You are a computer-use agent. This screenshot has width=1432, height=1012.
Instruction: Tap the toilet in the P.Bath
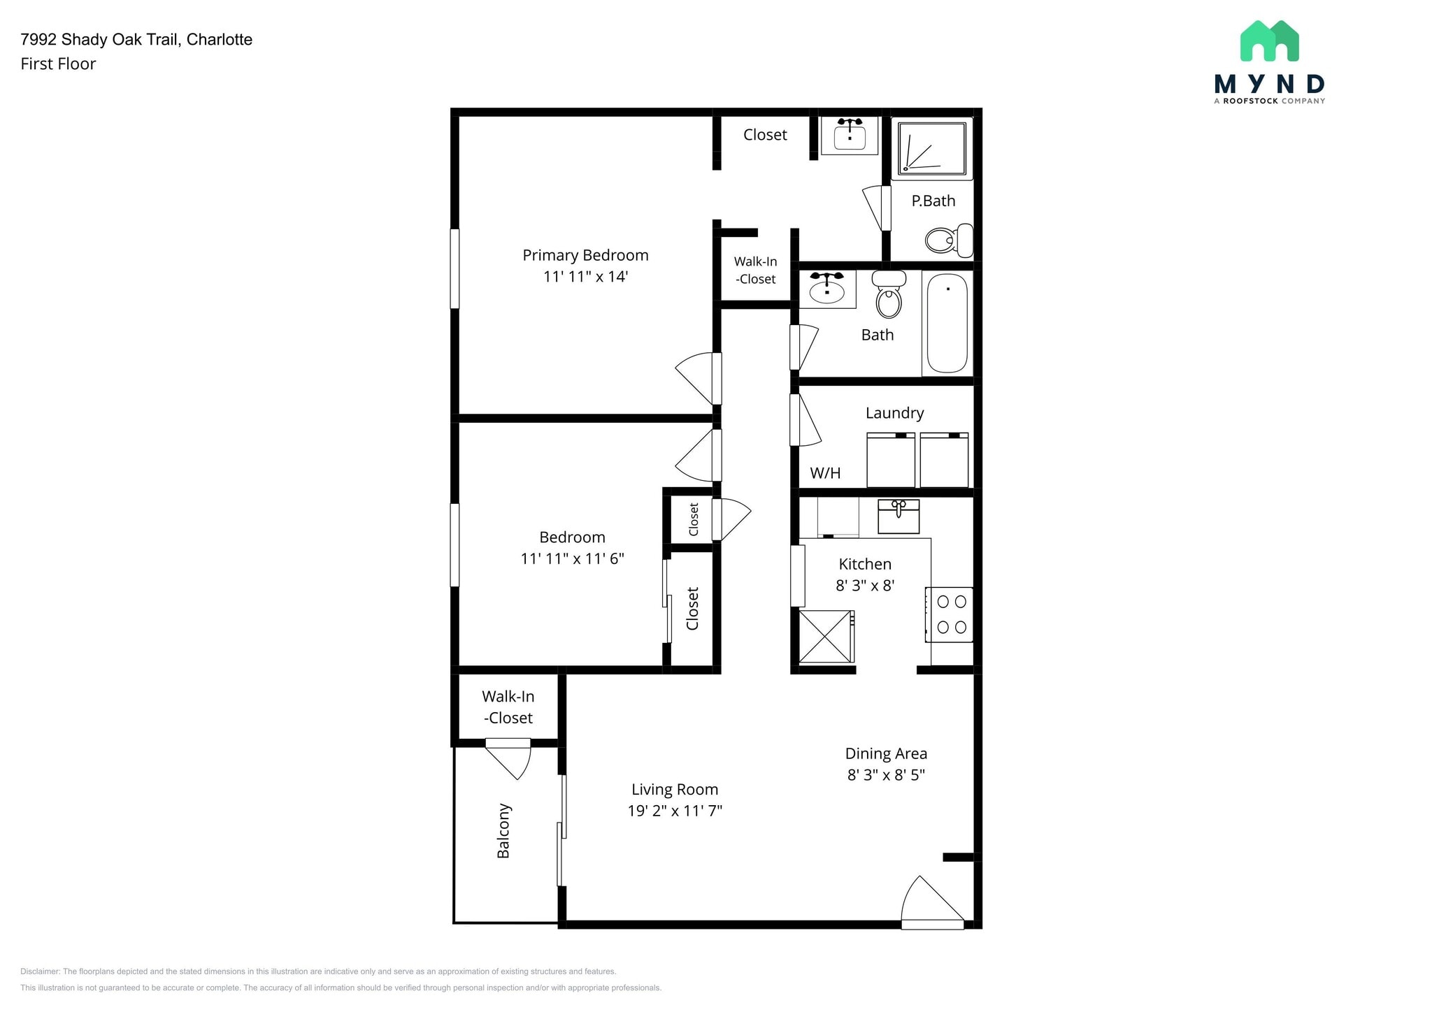coord(947,240)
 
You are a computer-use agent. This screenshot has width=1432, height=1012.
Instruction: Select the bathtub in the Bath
coord(947,323)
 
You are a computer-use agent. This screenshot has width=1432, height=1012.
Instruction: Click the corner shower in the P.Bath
coord(932,147)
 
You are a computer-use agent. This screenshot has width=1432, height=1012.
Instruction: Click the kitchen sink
coord(898,516)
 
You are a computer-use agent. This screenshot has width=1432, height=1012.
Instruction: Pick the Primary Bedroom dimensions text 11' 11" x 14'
coord(585,277)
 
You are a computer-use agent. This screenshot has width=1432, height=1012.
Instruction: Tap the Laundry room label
coord(894,413)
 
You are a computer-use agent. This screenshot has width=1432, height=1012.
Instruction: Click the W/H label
coord(825,473)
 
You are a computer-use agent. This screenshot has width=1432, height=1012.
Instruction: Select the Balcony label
coord(503,830)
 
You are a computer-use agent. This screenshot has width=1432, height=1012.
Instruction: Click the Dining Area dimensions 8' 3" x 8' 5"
coord(886,774)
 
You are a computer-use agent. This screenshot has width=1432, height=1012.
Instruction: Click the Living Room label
coord(675,790)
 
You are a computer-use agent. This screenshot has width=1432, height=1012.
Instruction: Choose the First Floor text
coord(58,64)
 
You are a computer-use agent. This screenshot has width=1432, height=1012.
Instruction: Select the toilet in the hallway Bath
coord(889,296)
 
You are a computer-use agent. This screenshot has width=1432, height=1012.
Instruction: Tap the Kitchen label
coord(865,564)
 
